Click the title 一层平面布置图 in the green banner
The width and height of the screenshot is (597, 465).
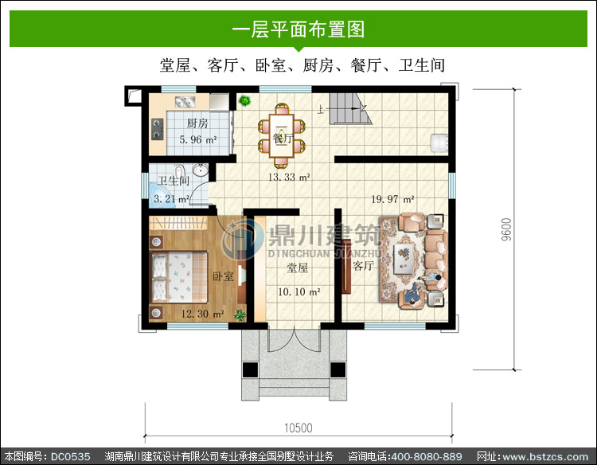298,29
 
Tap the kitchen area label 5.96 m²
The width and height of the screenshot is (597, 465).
198,140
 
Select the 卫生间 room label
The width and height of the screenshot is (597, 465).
174,180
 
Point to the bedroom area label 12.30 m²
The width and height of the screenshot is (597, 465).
202,314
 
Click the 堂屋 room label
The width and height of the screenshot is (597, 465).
298,268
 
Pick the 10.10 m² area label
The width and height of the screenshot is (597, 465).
298,292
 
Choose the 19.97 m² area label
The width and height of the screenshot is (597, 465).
392,199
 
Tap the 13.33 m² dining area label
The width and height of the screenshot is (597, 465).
289,177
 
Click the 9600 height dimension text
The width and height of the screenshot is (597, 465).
506,229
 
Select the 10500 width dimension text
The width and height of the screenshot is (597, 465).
298,428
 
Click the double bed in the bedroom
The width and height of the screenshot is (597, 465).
179,277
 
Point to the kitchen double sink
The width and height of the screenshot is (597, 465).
185,102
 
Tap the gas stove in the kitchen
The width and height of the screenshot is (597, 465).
158,129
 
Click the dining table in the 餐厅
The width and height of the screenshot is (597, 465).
281,135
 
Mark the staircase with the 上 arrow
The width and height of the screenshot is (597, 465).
350,108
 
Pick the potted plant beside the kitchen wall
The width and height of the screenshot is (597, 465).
244,101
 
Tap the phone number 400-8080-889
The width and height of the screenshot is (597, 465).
427,456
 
